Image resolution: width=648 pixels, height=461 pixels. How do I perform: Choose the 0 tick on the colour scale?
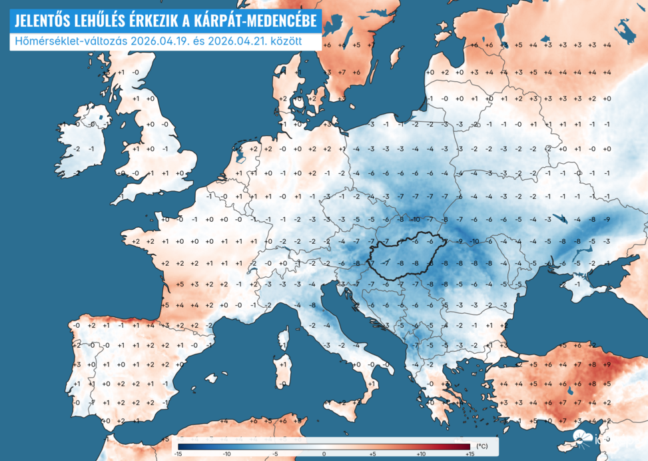324,453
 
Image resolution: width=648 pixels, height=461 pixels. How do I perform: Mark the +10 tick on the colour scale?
420,453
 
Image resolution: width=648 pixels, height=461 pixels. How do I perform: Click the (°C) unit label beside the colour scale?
482,445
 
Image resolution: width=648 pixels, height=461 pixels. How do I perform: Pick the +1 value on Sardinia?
282,364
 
